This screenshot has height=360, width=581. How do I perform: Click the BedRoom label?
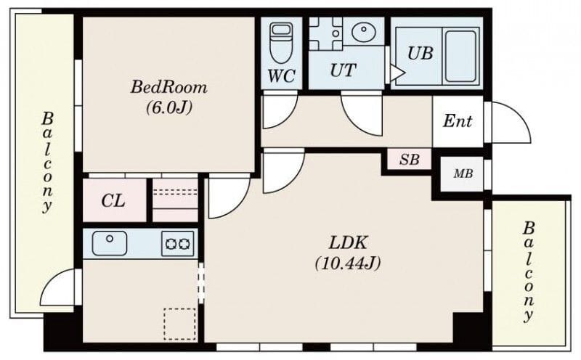tap(169, 87)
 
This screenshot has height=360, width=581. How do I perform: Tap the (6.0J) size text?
tap(169, 107)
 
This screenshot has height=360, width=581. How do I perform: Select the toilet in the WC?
tap(281, 42)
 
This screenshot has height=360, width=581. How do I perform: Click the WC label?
tap(282, 76)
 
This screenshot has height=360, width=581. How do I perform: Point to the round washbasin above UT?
tap(364, 32)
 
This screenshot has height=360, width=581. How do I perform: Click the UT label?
tap(343, 70)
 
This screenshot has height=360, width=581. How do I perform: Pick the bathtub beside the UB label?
tap(460, 56)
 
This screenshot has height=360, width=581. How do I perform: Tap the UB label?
tap(420, 53)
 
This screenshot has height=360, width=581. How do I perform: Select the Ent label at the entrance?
tap(458, 120)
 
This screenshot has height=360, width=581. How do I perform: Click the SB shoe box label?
tap(410, 159)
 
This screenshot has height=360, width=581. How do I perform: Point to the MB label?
tap(463, 173)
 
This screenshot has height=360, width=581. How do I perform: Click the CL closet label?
tap(113, 201)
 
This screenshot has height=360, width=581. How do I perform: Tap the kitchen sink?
tap(110, 243)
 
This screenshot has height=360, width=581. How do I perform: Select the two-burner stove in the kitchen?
tap(177, 243)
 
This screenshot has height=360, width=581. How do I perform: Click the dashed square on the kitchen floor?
tap(179, 324)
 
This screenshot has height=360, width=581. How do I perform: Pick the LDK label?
tap(348, 243)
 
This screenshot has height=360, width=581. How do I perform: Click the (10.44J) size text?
tap(348, 263)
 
